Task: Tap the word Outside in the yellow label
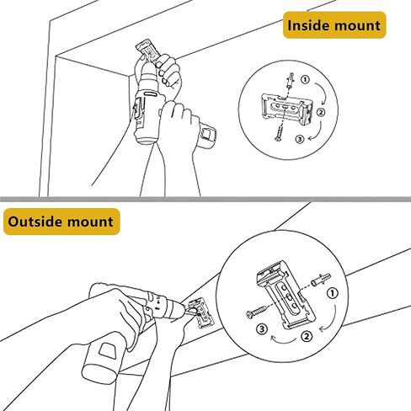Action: coord(33,222)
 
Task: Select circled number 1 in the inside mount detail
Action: coord(305,80)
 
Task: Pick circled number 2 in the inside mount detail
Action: coord(321,112)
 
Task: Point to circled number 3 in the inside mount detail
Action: coord(300,139)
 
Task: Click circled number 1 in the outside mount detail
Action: coord(333,294)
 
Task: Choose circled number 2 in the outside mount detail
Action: coord(307,336)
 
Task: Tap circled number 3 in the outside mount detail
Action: coord(262,329)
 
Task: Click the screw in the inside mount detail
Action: coord(280,132)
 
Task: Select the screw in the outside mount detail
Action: coord(256,312)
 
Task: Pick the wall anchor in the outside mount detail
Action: coord(321,280)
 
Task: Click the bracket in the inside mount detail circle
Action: coord(287,109)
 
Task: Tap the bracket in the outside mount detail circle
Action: coord(286,295)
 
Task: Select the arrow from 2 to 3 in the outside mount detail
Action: coord(284,340)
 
